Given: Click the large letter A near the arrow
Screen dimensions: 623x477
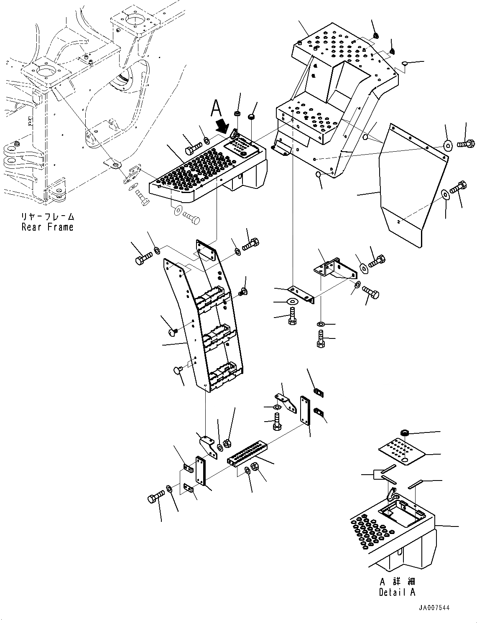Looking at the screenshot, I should point(216,108).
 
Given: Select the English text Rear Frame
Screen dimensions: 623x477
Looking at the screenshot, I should point(47,227).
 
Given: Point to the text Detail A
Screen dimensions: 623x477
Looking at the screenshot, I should point(397,592).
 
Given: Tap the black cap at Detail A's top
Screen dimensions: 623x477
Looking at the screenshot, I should point(404,432).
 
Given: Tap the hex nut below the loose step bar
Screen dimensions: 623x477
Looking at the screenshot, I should point(256,467).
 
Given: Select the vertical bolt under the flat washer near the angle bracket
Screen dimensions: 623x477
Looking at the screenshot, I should point(292,316).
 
